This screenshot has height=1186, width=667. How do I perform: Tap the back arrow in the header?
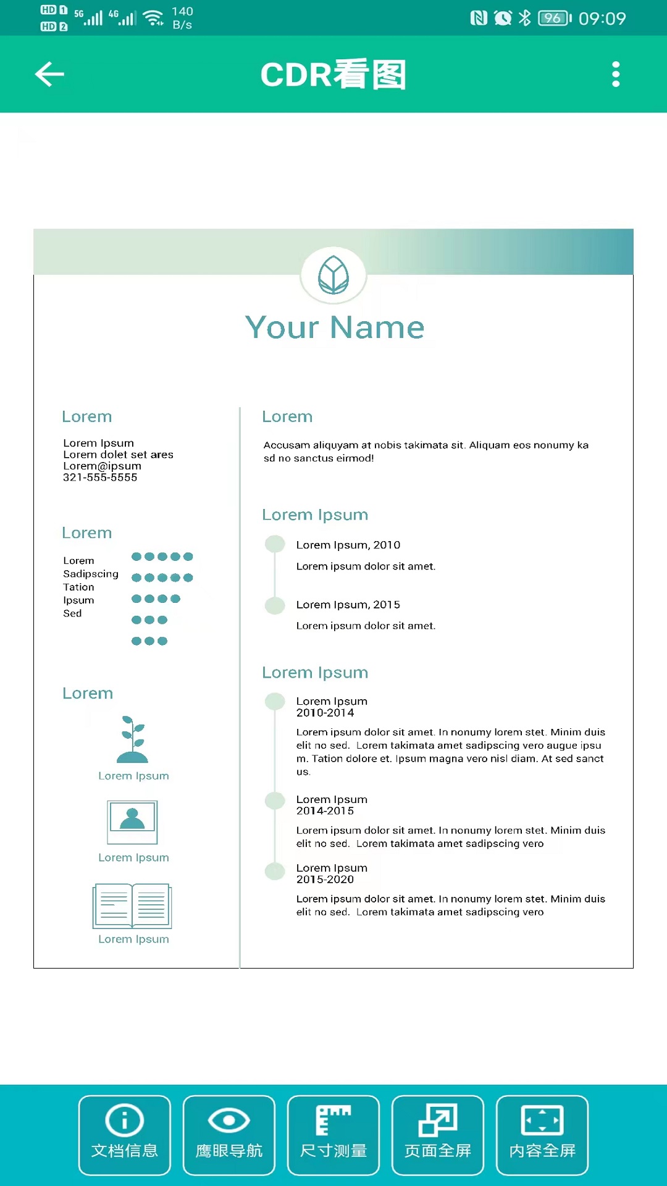[50, 74]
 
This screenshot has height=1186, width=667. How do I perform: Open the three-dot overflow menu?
[615, 74]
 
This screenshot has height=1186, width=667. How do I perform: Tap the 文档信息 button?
[125, 1135]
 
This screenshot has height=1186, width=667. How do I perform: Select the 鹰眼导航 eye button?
[229, 1135]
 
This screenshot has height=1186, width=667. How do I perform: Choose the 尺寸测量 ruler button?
[333, 1135]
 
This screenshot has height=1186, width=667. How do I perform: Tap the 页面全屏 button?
[438, 1135]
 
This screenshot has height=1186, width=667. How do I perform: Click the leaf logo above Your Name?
[333, 275]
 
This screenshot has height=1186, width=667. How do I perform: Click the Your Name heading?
[335, 327]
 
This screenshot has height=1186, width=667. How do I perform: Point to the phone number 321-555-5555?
[100, 477]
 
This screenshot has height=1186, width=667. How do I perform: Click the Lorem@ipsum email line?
[102, 466]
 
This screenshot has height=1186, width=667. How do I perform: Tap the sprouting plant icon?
[133, 739]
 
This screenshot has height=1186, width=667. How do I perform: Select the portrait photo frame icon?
[132, 822]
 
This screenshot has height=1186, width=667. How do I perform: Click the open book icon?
[132, 906]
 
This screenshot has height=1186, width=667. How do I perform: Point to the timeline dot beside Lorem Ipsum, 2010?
[275, 544]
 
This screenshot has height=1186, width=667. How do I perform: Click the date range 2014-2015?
[325, 811]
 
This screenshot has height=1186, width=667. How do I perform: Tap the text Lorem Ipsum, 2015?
[348, 605]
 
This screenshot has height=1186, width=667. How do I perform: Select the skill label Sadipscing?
[91, 574]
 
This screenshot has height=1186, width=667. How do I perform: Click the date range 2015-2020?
[325, 880]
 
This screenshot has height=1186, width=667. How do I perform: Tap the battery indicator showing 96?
[554, 18]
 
